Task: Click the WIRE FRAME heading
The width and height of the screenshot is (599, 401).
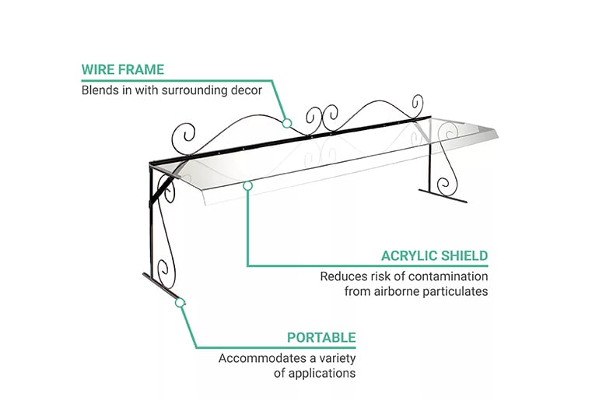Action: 123,69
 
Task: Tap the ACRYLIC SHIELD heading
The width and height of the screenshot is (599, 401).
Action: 435,255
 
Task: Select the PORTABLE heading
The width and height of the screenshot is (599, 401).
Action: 321,338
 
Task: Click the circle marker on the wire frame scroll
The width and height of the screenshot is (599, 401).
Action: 287,123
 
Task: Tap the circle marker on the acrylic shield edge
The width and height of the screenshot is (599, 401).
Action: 247,186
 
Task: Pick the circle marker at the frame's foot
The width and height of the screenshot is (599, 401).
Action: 180,303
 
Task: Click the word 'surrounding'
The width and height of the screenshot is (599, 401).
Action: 194,91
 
